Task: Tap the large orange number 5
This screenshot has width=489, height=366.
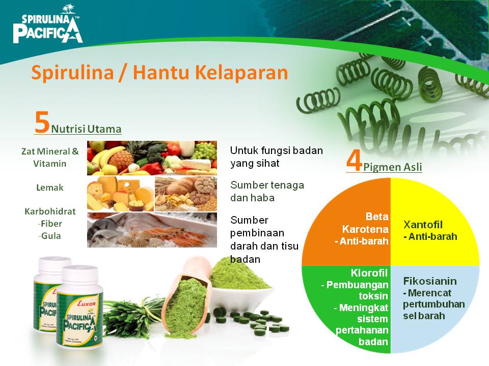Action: tap(42, 123)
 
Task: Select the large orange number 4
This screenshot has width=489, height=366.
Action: tap(354, 161)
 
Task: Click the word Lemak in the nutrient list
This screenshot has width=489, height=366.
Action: tap(50, 188)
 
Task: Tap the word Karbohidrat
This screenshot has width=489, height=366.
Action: tap(50, 211)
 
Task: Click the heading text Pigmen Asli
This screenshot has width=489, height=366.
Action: tap(393, 167)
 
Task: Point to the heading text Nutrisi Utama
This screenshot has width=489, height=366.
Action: tap(86, 129)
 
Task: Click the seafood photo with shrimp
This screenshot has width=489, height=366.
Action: tap(152, 230)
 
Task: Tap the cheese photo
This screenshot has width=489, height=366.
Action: tap(120, 194)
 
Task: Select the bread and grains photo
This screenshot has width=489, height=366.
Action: tap(186, 194)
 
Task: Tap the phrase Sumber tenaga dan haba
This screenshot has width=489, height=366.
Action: tap(267, 191)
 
